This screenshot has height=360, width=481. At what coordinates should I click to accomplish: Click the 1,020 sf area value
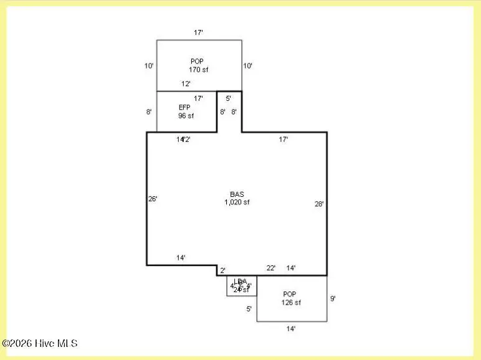point(237,202)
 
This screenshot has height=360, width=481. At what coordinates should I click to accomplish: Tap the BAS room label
point(237,194)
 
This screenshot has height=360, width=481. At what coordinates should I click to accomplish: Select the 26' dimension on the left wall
point(153,199)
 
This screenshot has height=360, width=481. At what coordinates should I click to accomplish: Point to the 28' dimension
point(319,204)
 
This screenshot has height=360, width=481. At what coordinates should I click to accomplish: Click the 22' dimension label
point(271,268)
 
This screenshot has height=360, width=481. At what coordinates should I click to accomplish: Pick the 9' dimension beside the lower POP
point(333,298)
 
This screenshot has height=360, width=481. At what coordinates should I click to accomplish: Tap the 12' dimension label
point(186,83)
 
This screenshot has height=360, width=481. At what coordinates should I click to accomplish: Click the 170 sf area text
point(198,70)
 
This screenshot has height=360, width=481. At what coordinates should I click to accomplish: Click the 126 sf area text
point(291,303)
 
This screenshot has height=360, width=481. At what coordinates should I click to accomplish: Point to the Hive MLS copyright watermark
point(40,343)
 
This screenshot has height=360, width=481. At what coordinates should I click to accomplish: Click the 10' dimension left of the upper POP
point(149,65)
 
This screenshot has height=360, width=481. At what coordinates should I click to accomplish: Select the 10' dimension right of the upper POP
point(248,65)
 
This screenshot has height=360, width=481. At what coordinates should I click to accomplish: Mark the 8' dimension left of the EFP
point(149,112)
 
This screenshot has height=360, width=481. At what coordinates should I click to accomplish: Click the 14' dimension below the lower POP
point(291,328)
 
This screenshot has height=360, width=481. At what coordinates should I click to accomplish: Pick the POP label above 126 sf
point(290,294)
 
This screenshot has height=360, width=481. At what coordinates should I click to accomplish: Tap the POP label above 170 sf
point(197,61)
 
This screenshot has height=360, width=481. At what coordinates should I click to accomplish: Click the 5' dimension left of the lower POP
point(249,308)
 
